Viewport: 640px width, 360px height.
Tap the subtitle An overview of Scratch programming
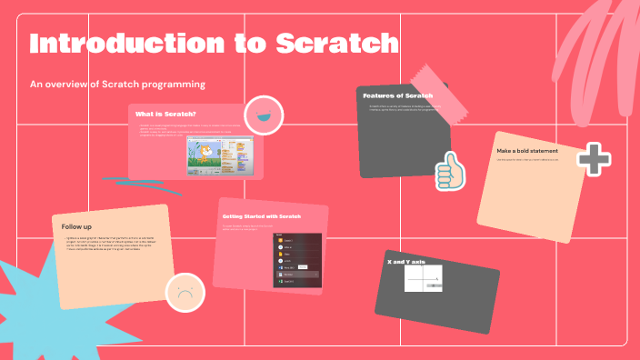click(118, 84)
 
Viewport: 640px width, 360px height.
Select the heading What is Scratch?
click(159, 114)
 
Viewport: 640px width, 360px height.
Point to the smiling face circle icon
click(264, 115)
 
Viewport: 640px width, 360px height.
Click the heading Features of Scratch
click(397, 95)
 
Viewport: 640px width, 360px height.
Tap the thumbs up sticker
click(447, 171)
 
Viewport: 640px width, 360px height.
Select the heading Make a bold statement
click(527, 150)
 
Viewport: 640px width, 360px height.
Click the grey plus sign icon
click(594, 158)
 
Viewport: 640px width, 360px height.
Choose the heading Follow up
click(76, 225)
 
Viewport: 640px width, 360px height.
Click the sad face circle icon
click(185, 293)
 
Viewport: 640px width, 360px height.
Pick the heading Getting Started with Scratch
click(261, 216)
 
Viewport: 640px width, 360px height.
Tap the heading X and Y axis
click(405, 261)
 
